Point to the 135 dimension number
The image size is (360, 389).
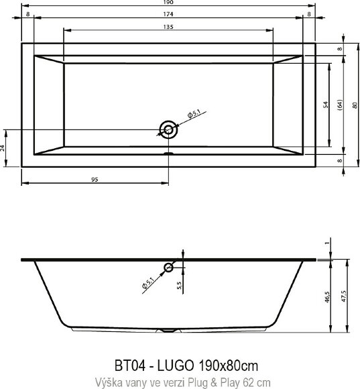point(168,26)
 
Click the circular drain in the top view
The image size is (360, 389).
point(168,129)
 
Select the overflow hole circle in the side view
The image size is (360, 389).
point(168,268)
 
